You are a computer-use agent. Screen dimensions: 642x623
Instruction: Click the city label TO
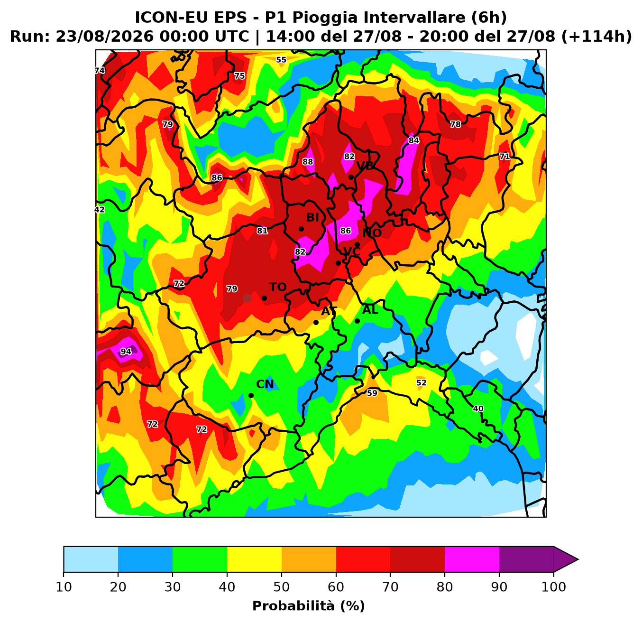click(x=278, y=287)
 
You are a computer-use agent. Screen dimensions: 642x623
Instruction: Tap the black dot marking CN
click(x=251, y=396)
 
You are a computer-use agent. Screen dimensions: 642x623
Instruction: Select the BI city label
click(x=312, y=218)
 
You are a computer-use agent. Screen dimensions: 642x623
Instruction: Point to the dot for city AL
click(x=358, y=321)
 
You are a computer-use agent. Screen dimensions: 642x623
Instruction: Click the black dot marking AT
click(x=316, y=322)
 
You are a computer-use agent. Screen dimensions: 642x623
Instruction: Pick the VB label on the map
click(x=365, y=166)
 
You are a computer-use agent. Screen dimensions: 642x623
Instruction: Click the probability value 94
click(x=126, y=352)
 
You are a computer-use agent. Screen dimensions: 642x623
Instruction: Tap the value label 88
click(x=308, y=162)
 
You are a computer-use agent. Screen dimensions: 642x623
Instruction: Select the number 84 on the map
click(x=414, y=140)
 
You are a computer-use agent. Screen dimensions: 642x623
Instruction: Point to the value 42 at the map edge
click(x=100, y=210)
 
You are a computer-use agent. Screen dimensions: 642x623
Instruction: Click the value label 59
click(x=372, y=393)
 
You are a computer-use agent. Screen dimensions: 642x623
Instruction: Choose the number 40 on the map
click(x=478, y=409)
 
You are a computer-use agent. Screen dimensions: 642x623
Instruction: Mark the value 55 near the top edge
click(x=281, y=60)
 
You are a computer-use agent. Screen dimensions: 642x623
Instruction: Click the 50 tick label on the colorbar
click(x=282, y=587)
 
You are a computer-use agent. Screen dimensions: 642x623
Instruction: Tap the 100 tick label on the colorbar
click(x=554, y=587)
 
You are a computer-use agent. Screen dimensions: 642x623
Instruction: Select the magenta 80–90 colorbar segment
click(x=472, y=559)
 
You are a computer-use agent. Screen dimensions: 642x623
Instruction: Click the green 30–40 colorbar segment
click(x=200, y=559)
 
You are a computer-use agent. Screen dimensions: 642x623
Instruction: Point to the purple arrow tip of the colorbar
click(x=578, y=559)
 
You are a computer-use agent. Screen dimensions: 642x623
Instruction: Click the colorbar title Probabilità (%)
click(x=309, y=606)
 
